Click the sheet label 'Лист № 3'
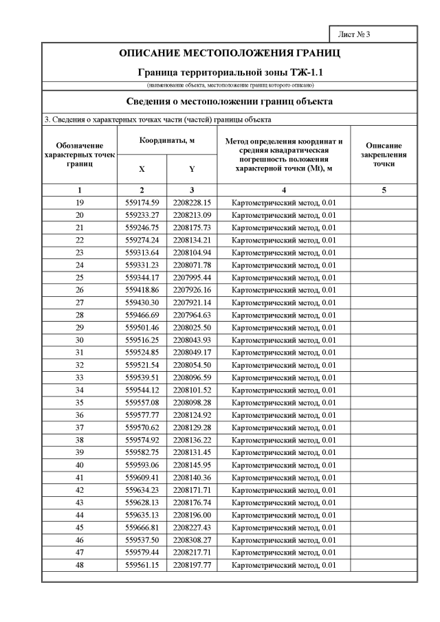pyautogui.click(x=355, y=34)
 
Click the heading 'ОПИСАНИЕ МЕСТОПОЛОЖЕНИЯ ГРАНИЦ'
pyautogui.click(x=230, y=54)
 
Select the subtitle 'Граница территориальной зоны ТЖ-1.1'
pyautogui.click(x=230, y=71)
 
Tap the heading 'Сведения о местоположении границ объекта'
pyautogui.click(x=230, y=102)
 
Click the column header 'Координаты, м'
pyautogui.click(x=167, y=140)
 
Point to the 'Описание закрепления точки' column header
pyautogui.click(x=384, y=155)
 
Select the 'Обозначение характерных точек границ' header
pyautogui.click(x=80, y=155)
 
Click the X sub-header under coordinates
pyautogui.click(x=142, y=168)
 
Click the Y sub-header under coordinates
pyautogui.click(x=192, y=168)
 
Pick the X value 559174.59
pyautogui.click(x=142, y=203)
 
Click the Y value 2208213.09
pyautogui.click(x=192, y=215)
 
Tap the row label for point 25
pyautogui.click(x=80, y=278)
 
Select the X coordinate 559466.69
pyautogui.click(x=142, y=315)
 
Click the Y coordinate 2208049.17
pyautogui.click(x=192, y=353)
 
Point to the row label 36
pyautogui.click(x=80, y=415)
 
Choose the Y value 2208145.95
pyautogui.click(x=192, y=465)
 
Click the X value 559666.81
pyautogui.click(x=142, y=528)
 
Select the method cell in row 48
pyautogui.click(x=283, y=565)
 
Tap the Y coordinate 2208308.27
pyautogui.click(x=192, y=540)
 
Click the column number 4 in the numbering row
pyautogui.click(x=283, y=190)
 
